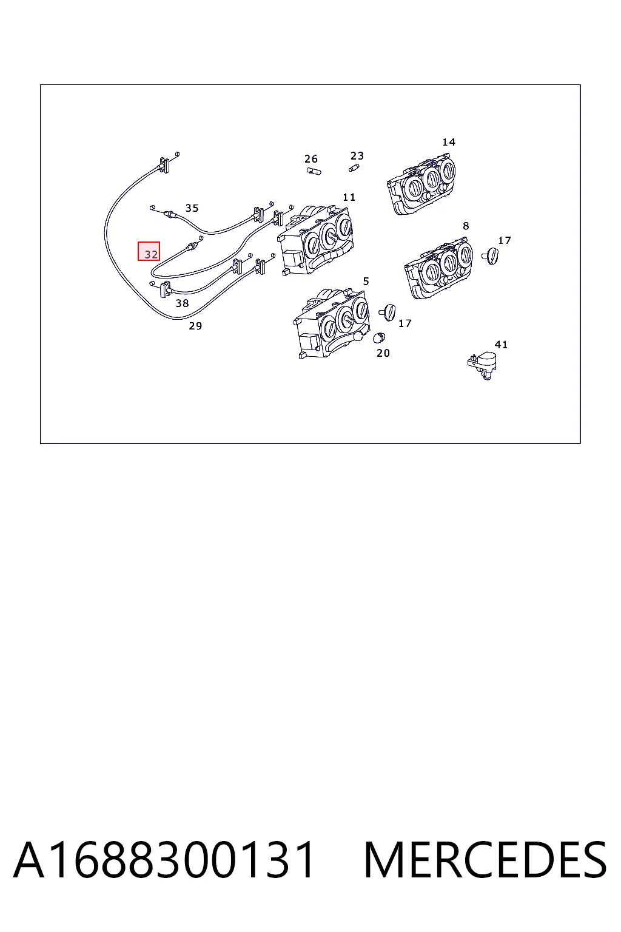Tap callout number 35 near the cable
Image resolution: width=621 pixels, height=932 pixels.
coord(192,208)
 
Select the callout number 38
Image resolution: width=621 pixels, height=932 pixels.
coord(182,303)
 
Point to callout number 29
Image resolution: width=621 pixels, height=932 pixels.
coord(195,326)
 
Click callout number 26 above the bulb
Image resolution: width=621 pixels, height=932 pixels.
coord(310,159)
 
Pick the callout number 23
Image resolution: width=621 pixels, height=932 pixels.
coord(357,155)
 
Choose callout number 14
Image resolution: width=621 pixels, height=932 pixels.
coord(448,143)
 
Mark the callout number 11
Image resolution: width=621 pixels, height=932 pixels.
coord(349,197)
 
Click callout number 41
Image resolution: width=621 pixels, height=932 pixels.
coord(501,345)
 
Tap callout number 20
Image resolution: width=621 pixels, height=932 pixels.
coord(383,353)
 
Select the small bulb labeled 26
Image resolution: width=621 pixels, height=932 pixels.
coord(314,171)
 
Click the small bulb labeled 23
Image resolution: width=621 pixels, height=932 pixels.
coord(354,167)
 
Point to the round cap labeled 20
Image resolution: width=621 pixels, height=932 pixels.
coord(379,337)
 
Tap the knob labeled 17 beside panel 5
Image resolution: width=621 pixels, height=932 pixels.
coord(388,312)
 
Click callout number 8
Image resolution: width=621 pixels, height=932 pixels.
coord(466,226)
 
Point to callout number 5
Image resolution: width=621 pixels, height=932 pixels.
coord(366,282)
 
